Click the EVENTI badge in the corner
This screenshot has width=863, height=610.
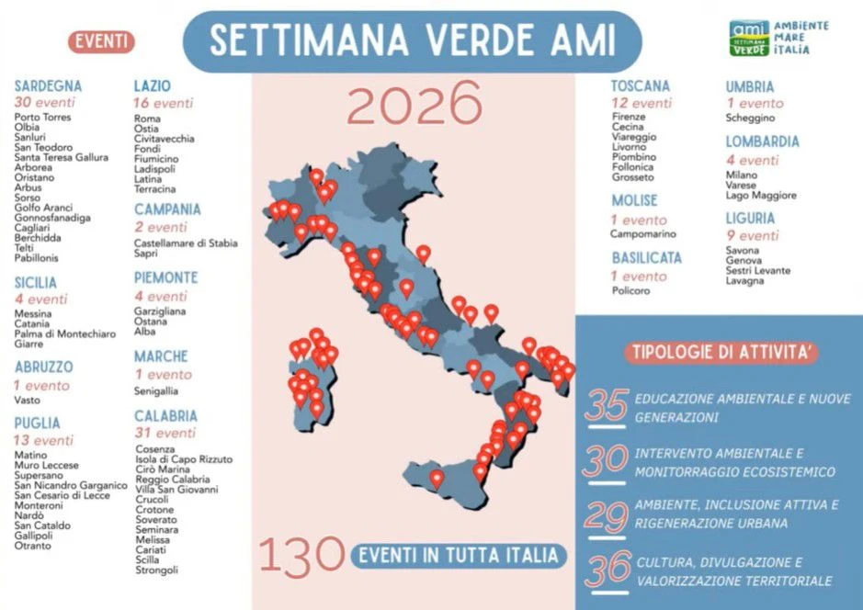(101, 41)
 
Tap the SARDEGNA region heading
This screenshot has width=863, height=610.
(48, 85)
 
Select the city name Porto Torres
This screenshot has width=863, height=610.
(42, 118)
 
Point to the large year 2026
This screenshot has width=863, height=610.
(414, 103)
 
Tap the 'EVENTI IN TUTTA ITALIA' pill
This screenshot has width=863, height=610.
(457, 555)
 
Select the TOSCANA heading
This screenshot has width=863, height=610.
(641, 85)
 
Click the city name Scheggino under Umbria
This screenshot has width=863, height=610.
(750, 118)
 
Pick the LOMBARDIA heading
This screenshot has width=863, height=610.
(762, 141)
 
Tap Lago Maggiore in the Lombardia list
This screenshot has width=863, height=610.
(761, 196)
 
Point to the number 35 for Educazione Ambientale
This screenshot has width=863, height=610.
(606, 406)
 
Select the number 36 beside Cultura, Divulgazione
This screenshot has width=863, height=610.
(608, 570)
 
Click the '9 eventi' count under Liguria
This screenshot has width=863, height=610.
(752, 236)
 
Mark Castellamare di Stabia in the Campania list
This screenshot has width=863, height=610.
(186, 243)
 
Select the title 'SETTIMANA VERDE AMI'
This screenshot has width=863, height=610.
(412, 40)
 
